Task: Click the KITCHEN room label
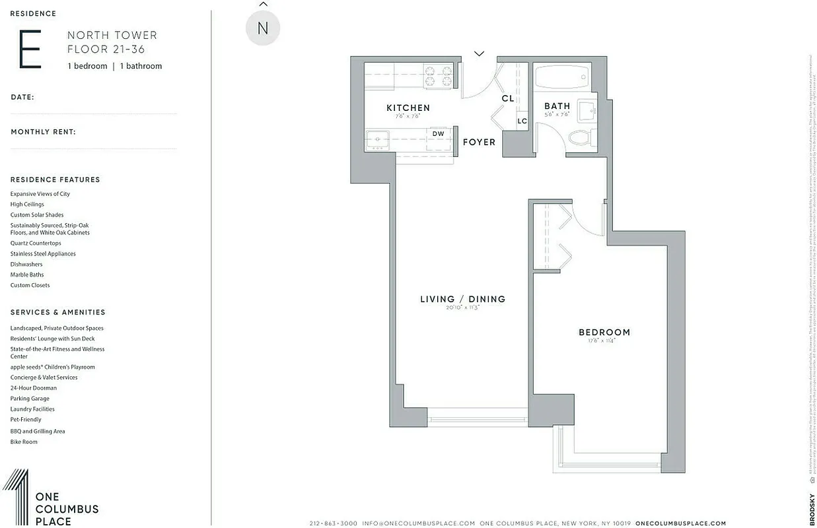pyautogui.click(x=408, y=108)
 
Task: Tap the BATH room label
pyautogui.click(x=557, y=106)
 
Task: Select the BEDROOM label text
pyautogui.click(x=604, y=332)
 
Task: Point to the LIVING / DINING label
pyautogui.click(x=462, y=299)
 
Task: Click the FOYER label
pyautogui.click(x=479, y=142)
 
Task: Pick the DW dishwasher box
pyautogui.click(x=438, y=133)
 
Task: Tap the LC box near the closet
pyautogui.click(x=522, y=121)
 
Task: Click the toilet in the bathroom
pyautogui.click(x=579, y=138)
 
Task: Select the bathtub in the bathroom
pyautogui.click(x=561, y=78)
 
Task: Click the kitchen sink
pyautogui.click(x=378, y=139)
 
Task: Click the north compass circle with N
pyautogui.click(x=263, y=28)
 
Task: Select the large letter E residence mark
pyautogui.click(x=30, y=49)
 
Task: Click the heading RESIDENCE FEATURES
pyautogui.click(x=55, y=180)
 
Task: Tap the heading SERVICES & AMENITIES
pyautogui.click(x=58, y=312)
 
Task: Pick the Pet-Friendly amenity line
pyautogui.click(x=26, y=420)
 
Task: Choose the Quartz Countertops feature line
pyautogui.click(x=36, y=244)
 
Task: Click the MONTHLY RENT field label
pyautogui.click(x=44, y=132)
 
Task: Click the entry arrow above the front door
pyautogui.click(x=480, y=53)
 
